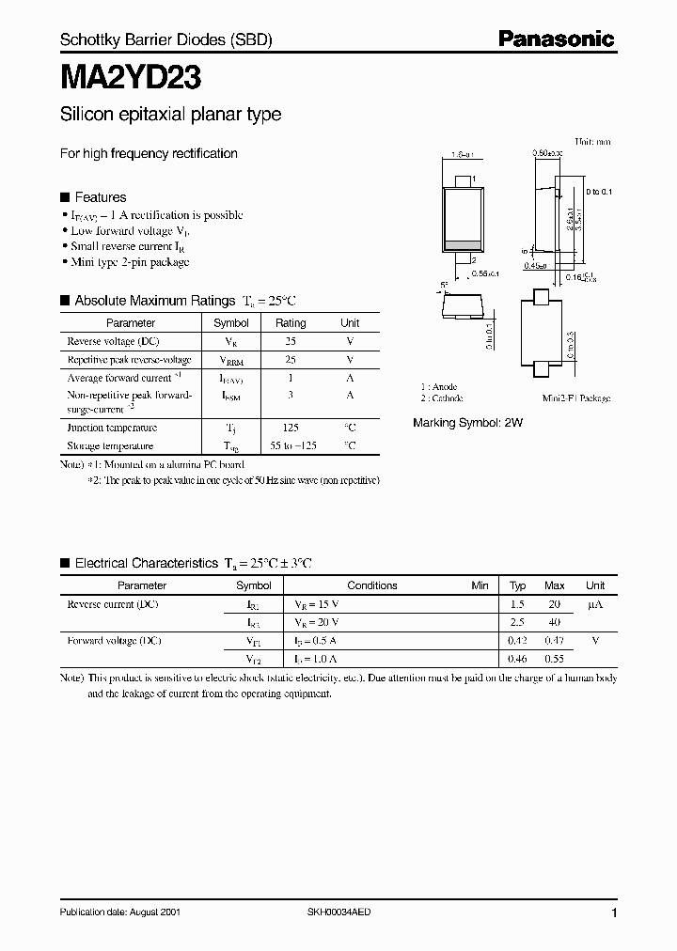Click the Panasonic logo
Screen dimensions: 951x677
[556, 39]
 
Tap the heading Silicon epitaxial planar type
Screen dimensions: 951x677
[170, 115]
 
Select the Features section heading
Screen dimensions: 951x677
[100, 197]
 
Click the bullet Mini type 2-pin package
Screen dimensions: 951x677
[130, 262]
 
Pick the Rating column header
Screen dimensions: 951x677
[290, 323]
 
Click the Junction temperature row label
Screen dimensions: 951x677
[111, 428]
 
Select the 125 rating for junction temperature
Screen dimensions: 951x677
[290, 428]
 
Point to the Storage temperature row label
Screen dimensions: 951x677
[110, 445]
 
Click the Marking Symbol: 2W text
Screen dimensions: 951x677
[467, 423]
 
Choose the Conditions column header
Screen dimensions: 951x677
[372, 585]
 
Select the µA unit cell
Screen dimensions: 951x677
[594, 604]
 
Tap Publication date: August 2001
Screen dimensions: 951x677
[120, 912]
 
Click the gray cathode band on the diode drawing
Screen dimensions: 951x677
[459, 244]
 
